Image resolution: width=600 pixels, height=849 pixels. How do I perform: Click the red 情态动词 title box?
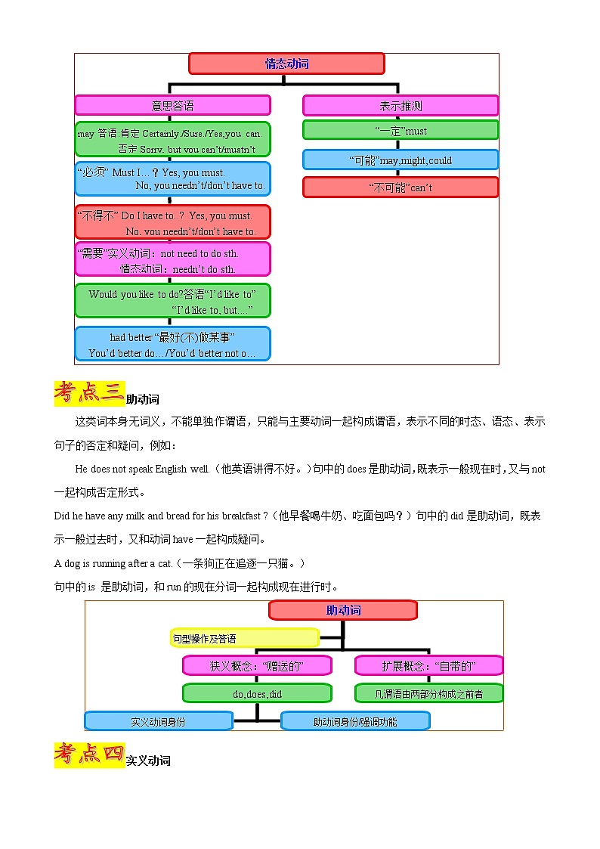point(286,64)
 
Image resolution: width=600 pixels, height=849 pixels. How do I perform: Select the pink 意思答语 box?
point(172,105)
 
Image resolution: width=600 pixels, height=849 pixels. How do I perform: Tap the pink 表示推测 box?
point(401,105)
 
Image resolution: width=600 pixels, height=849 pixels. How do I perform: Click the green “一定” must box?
point(401,130)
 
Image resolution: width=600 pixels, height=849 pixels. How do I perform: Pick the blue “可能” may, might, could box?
point(401,160)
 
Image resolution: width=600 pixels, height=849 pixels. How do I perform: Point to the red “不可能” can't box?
point(401,187)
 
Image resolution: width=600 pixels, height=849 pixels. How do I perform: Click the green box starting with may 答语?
point(172,140)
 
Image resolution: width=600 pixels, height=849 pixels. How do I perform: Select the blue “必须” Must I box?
point(172,179)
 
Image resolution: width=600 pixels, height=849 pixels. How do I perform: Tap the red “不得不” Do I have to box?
point(172,222)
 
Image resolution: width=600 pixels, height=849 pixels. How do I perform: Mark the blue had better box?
point(172,344)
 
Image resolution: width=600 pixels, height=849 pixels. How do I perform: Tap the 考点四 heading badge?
point(89,754)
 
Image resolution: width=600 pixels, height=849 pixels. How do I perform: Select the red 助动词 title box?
point(343,610)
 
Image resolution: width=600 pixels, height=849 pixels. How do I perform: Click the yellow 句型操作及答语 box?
point(244,638)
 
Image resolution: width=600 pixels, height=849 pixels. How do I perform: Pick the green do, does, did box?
point(257,693)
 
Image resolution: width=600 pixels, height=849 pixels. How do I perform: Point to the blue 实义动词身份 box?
point(158,721)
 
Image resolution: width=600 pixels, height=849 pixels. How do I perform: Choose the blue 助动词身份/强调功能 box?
point(355,721)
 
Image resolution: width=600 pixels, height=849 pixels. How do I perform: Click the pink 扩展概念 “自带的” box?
point(428,665)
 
